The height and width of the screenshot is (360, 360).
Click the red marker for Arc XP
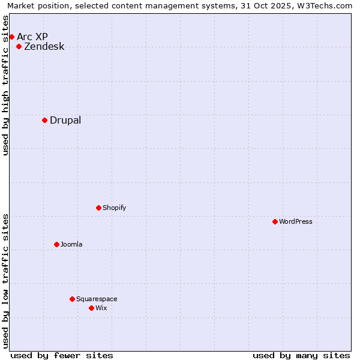[11, 37]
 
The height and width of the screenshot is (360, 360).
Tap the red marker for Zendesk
[19, 46]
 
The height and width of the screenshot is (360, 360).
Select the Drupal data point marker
[45, 120]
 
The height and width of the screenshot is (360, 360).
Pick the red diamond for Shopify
[98, 208]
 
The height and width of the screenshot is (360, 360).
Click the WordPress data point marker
[275, 221]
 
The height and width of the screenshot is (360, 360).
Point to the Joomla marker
[56, 244]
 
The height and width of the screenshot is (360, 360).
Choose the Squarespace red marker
[72, 299]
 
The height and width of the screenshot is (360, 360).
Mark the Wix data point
[91, 308]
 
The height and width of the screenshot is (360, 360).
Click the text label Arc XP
[32, 37]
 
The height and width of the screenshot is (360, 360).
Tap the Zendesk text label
[44, 46]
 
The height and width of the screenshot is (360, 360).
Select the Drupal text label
[65, 120]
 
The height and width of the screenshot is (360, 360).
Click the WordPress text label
[296, 221]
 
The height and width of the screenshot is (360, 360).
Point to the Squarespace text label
[97, 299]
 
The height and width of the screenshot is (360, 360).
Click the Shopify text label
[114, 208]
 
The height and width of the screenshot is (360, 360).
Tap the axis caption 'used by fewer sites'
[62, 355]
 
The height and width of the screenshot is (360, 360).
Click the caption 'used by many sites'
[301, 355]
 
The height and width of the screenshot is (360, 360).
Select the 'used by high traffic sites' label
[6, 85]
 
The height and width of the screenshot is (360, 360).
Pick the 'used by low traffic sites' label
[6, 281]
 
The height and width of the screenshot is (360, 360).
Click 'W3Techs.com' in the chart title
[323, 6]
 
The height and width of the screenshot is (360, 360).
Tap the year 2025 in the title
[279, 6]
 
